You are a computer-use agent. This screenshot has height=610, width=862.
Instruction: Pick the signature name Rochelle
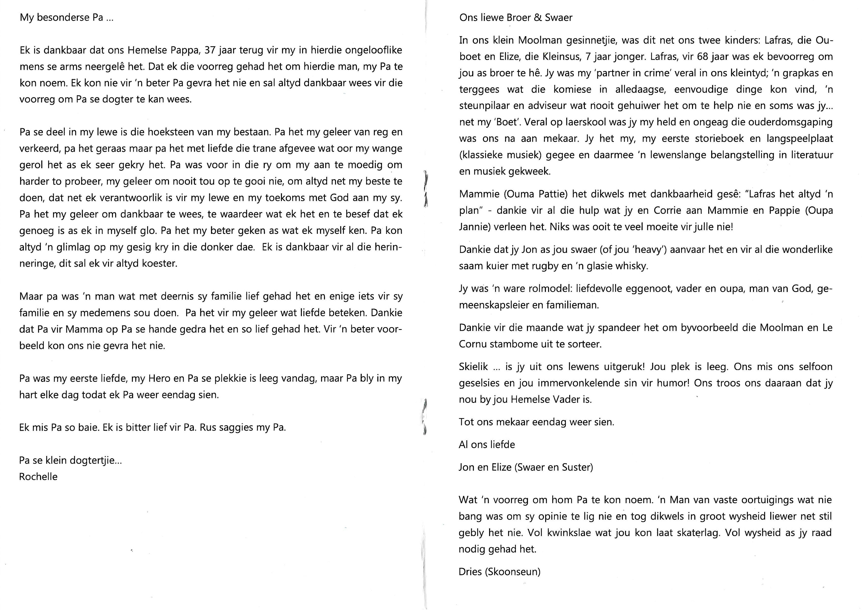pos(38,477)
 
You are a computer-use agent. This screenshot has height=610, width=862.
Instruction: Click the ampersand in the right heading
pos(538,18)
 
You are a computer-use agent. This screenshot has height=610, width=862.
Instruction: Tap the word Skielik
pos(473,366)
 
